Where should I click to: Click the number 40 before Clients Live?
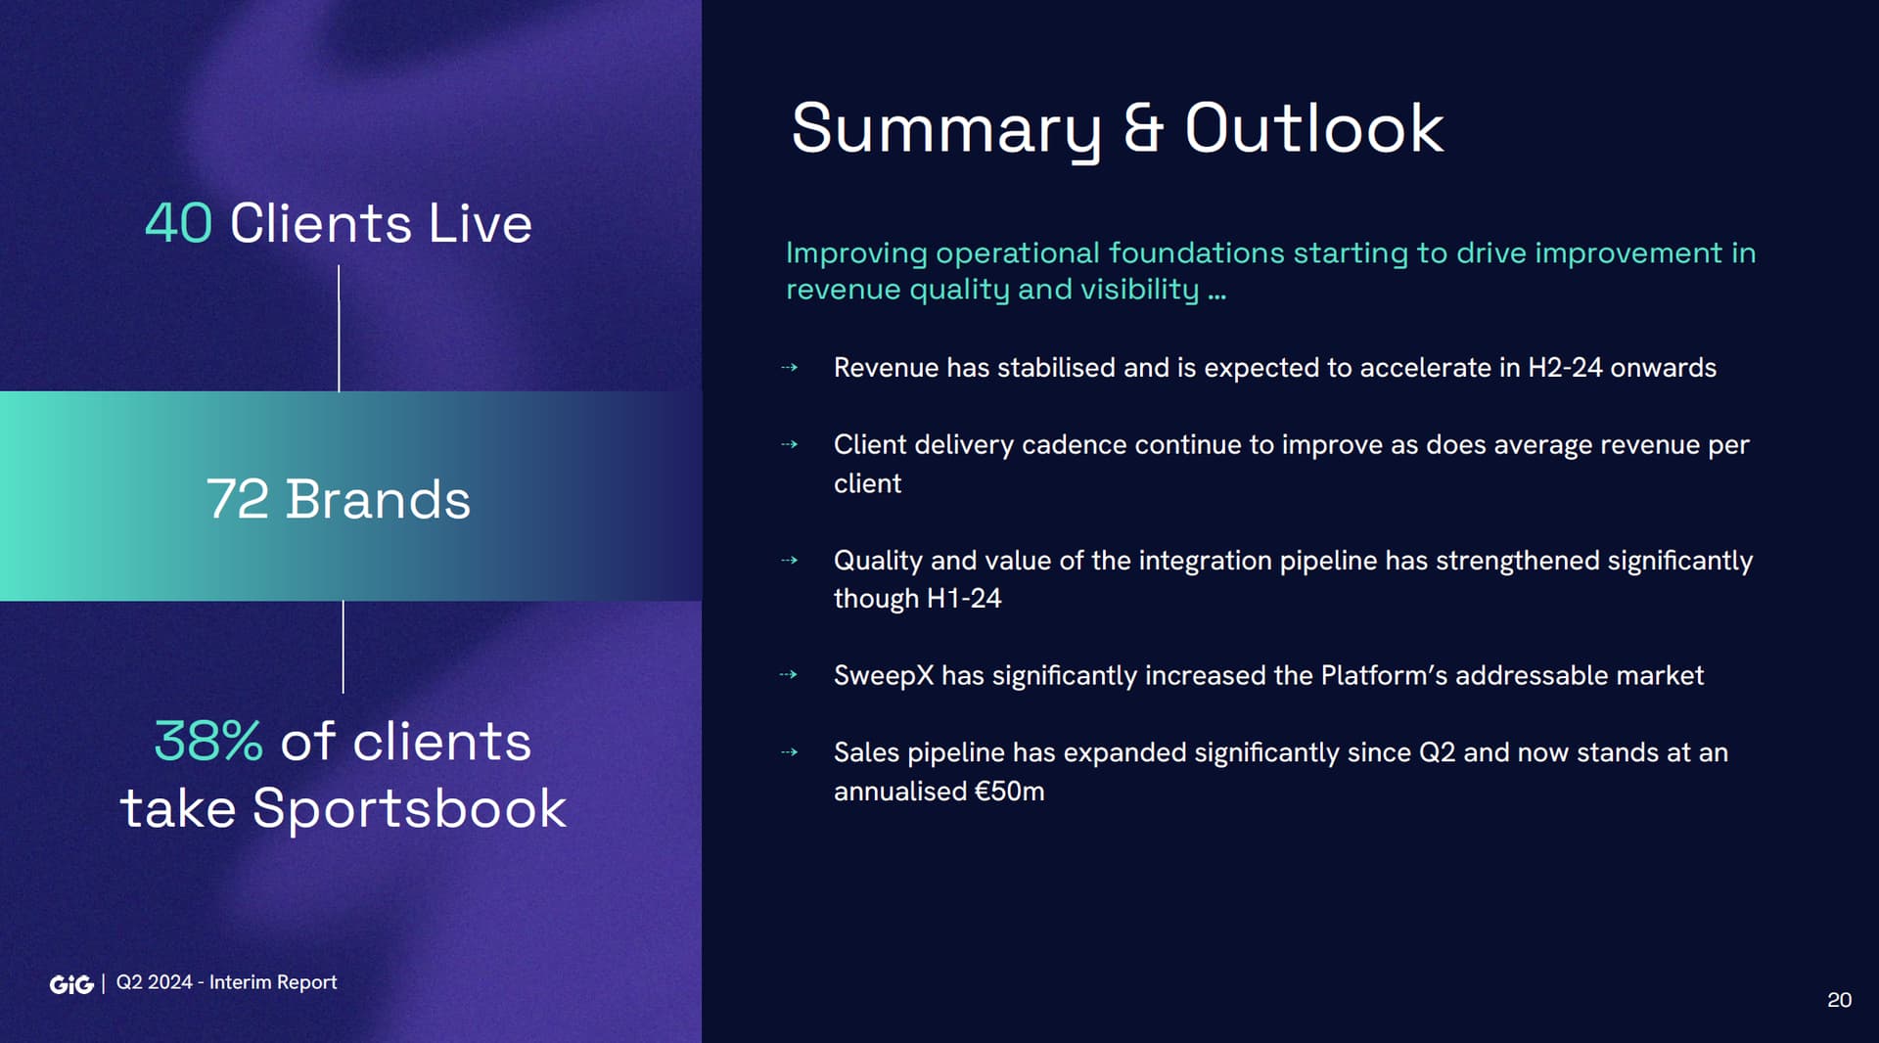coord(178,223)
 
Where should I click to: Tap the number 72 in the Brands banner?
coord(237,499)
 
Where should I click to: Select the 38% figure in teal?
coord(208,741)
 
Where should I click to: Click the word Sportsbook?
coord(409,809)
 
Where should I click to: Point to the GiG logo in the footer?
coord(71,984)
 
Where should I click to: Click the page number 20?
coord(1839,1000)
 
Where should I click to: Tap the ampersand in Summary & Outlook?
coord(1143,128)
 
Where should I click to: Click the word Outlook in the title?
coord(1314,128)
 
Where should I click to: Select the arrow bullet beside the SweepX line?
coord(789,674)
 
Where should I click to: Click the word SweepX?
coord(884,675)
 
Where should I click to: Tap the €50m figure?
coord(1009,791)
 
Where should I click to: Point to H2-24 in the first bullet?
coord(1565,368)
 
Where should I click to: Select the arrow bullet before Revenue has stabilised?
coord(789,368)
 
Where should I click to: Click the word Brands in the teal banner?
coord(378,499)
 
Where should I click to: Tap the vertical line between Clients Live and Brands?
coord(339,328)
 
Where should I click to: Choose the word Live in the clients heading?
coord(481,223)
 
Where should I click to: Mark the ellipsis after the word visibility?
coord(1216,295)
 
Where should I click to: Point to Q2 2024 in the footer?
coord(155,982)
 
